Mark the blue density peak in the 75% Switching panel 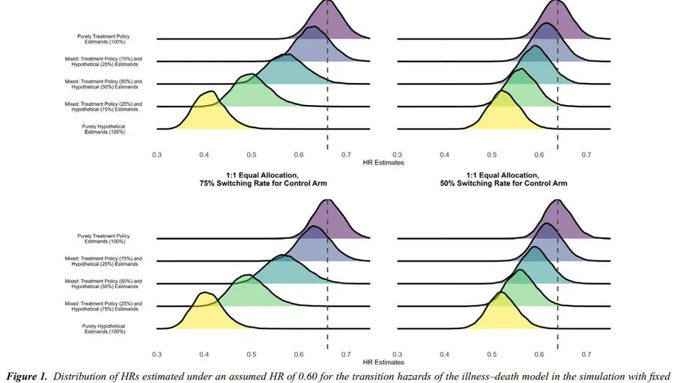(312, 229)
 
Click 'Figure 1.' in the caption (29, 374)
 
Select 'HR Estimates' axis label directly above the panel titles (384, 162)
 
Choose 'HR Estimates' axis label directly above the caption (384, 362)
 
